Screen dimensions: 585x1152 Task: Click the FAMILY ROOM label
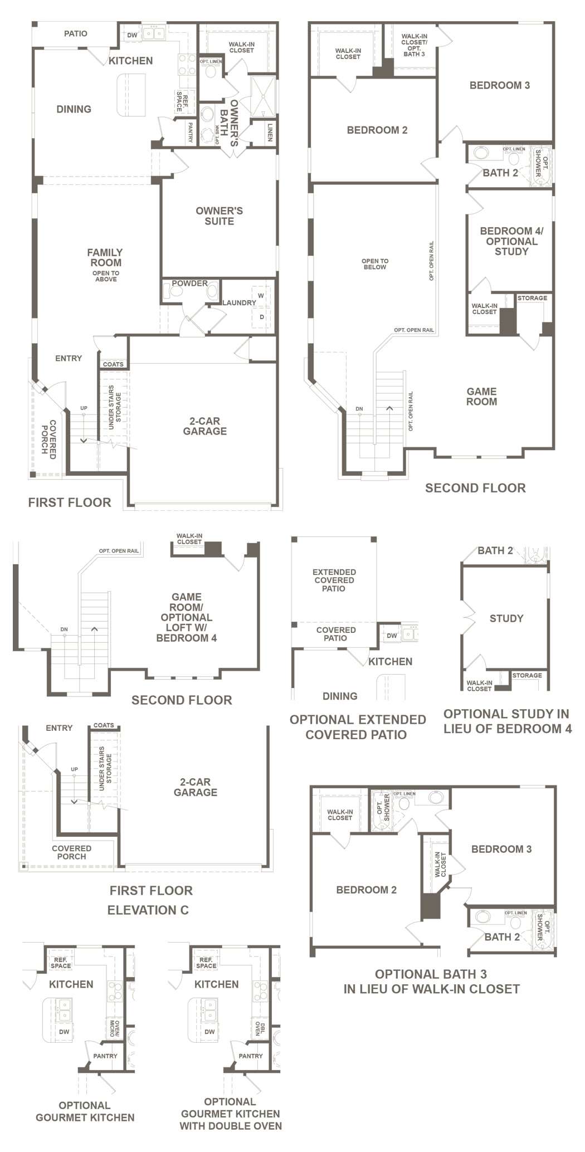[x=105, y=257]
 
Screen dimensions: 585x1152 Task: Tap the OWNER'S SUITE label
[x=219, y=216]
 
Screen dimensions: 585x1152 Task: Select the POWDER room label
[x=189, y=283]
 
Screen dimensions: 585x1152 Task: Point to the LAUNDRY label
[x=239, y=302]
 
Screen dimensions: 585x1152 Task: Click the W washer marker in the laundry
[x=261, y=295]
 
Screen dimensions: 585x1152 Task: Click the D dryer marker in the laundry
[x=261, y=316]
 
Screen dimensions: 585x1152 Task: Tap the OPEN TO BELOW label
[x=375, y=264]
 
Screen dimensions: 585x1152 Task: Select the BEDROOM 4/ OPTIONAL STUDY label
[x=511, y=241]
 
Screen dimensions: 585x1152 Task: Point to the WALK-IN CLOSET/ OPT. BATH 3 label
[x=415, y=45]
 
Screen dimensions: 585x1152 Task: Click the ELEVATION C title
[x=148, y=910]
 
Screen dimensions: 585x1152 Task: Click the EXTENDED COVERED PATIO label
[x=334, y=580]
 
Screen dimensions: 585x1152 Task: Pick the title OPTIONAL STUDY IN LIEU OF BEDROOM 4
[x=508, y=721]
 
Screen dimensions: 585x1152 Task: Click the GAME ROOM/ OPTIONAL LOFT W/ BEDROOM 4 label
[x=186, y=617]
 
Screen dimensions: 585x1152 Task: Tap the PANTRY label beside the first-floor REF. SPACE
[x=190, y=133]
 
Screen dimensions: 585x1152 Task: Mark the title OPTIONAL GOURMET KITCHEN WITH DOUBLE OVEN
[x=231, y=1114]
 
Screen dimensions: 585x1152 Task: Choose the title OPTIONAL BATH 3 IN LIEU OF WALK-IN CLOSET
[x=431, y=982]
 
